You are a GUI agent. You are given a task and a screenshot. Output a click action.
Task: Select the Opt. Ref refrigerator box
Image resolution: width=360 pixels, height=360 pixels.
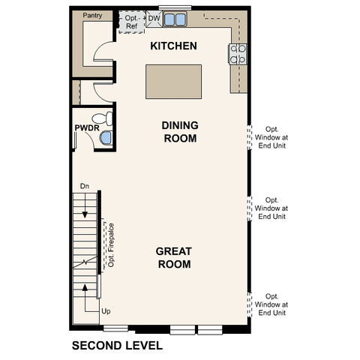pyautogui.click(x=131, y=22)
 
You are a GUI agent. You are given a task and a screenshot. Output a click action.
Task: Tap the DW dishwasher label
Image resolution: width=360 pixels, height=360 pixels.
pyautogui.click(x=154, y=17)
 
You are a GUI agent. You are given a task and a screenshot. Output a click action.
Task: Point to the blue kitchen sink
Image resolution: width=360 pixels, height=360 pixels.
pyautogui.click(x=176, y=19)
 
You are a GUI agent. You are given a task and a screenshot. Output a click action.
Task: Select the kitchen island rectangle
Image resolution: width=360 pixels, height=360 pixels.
pyautogui.click(x=174, y=79)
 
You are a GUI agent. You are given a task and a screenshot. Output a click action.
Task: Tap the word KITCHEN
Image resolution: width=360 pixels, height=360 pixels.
pyautogui.click(x=173, y=46)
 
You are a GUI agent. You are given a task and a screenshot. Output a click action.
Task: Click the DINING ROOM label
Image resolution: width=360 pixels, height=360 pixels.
pyautogui.click(x=179, y=133)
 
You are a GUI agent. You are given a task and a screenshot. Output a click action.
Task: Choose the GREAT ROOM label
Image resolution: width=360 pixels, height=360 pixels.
pyautogui.click(x=173, y=257)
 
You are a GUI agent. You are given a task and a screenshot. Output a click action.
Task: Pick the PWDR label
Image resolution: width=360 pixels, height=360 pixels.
pyautogui.click(x=82, y=128)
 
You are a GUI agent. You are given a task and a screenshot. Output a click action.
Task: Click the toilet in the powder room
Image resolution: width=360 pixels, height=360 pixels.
pyautogui.click(x=106, y=118)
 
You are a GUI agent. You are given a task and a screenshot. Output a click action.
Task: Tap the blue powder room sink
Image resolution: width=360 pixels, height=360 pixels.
pyautogui.click(x=106, y=137)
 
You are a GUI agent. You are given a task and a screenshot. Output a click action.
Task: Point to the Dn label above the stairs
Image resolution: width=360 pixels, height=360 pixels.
pyautogui.click(x=85, y=186)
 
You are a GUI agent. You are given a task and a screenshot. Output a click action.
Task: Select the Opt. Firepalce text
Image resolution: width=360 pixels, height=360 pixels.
pyautogui.click(x=110, y=244)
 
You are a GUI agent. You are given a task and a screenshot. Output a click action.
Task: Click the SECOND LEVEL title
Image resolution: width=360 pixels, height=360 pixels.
pyautogui.click(x=116, y=346)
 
